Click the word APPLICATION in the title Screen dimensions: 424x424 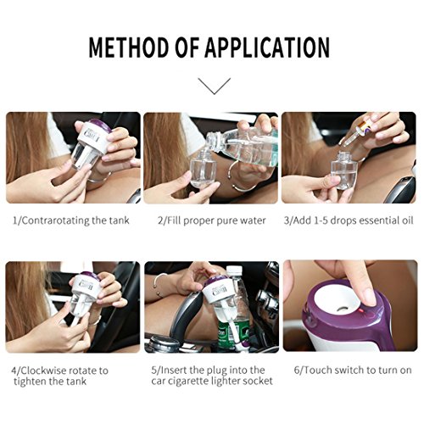click(x=267, y=47)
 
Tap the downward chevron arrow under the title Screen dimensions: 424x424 click(x=215, y=86)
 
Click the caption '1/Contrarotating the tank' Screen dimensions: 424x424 click(x=70, y=220)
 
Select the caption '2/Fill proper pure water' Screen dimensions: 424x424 click(x=212, y=220)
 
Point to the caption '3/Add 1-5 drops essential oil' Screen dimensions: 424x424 click(x=349, y=220)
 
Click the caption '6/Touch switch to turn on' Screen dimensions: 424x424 click(x=353, y=370)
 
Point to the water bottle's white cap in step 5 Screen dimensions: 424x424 click(x=235, y=271)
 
